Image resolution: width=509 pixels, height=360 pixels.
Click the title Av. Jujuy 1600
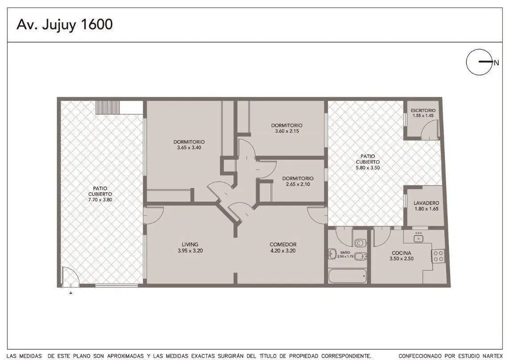pos(65,25)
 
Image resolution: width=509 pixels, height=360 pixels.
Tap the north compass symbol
pos(479,62)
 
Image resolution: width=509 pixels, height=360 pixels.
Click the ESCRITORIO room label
pos(423,111)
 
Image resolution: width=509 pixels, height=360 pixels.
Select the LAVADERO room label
pos(426,203)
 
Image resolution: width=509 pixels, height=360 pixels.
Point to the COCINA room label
pos(401,253)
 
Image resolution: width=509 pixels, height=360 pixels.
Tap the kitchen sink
pos(419,238)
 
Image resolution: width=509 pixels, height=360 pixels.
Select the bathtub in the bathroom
pos(347,276)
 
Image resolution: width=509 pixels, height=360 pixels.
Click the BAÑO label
pos(345,252)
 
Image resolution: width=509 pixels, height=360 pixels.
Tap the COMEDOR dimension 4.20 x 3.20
pos(283,251)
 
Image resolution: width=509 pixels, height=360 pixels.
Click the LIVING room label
pos(190,244)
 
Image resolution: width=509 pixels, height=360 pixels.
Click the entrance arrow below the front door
pos(70,293)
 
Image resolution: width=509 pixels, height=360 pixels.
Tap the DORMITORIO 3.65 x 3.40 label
pos(189,145)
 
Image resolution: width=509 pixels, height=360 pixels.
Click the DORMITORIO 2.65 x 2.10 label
pos(298,181)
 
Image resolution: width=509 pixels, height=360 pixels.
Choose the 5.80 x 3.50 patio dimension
pos(367,168)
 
